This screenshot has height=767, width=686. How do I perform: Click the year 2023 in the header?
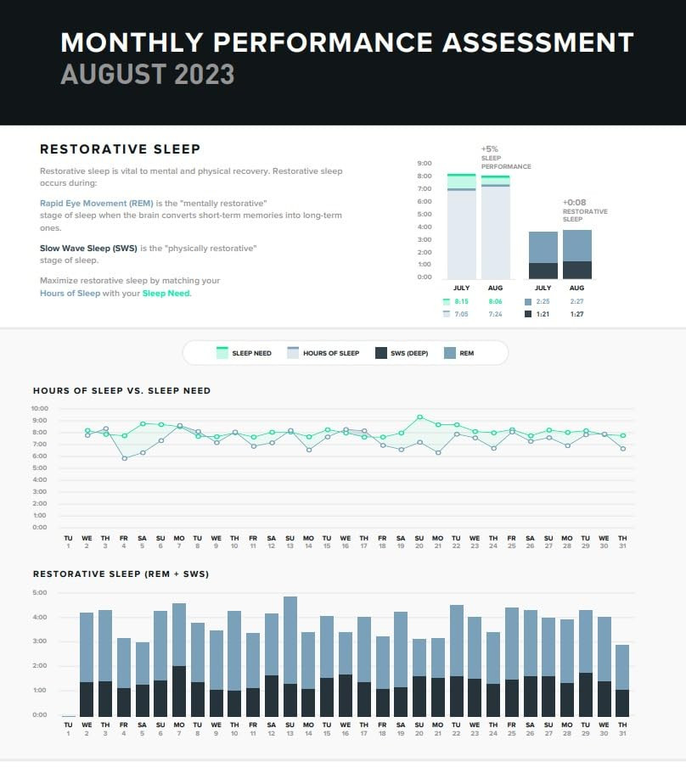(204, 74)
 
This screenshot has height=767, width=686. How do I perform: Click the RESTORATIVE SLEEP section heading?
(120, 149)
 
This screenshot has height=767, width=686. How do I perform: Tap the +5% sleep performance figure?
(490, 148)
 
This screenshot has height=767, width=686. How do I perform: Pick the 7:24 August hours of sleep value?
(494, 314)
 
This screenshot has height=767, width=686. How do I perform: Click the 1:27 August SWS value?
(576, 314)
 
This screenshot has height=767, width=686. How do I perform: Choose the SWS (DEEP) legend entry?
(404, 353)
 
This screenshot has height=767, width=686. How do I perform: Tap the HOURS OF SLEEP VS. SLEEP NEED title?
(121, 391)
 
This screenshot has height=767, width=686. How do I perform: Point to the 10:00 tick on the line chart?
(40, 408)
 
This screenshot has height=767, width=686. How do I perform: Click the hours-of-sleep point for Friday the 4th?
(124, 458)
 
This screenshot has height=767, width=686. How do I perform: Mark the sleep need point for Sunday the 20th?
(419, 417)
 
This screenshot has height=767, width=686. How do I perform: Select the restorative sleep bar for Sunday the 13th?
(290, 653)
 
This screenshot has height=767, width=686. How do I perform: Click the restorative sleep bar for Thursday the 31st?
(622, 679)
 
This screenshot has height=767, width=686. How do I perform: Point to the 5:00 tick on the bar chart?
(40, 592)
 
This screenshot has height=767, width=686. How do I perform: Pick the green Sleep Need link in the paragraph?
(166, 294)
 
